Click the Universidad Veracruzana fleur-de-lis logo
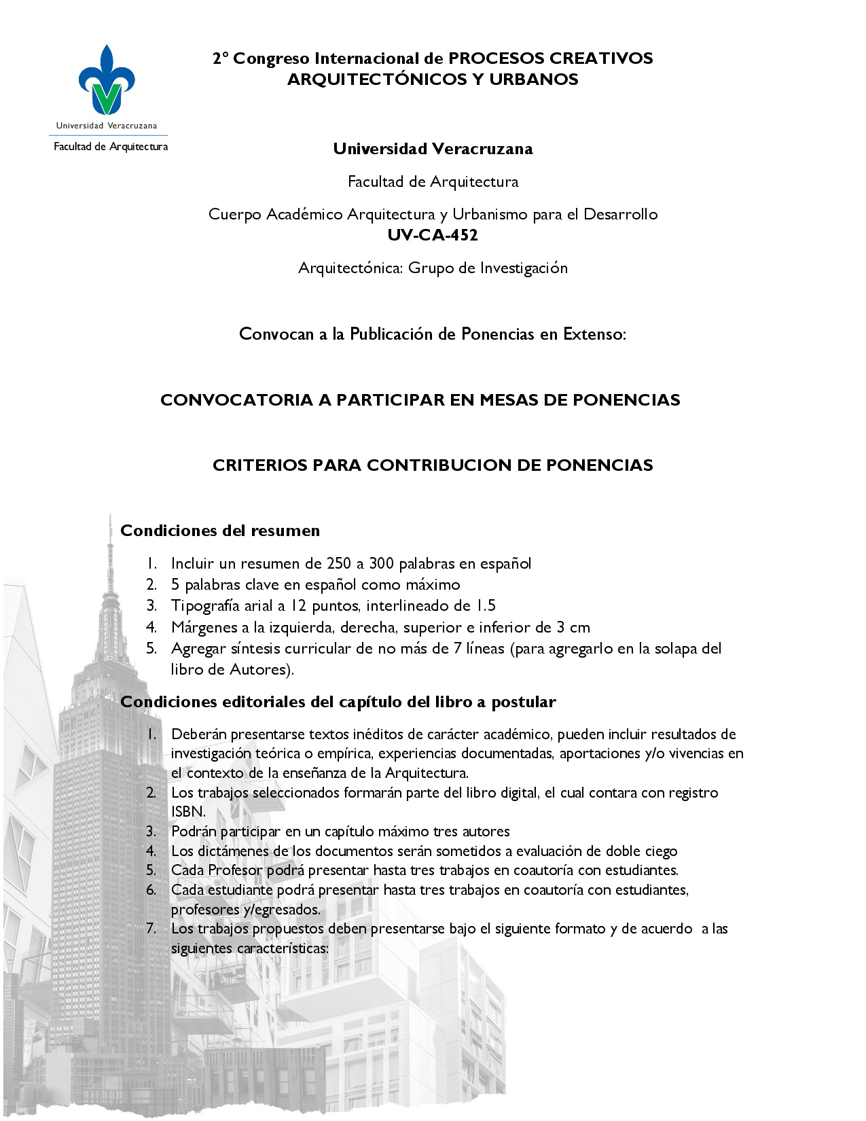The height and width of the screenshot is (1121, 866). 107,80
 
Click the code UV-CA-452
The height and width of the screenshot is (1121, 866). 433,235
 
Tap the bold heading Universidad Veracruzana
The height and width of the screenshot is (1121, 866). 433,149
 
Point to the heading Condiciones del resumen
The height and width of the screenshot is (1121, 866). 220,531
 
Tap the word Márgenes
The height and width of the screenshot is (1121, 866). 202,627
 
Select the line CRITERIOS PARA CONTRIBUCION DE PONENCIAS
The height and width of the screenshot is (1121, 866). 433,465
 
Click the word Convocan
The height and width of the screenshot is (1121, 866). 276,334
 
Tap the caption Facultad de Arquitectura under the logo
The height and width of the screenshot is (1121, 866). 111,147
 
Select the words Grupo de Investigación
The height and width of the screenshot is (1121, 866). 488,268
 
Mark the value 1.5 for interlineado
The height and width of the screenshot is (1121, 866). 485,605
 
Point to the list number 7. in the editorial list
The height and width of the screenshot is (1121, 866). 151,929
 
